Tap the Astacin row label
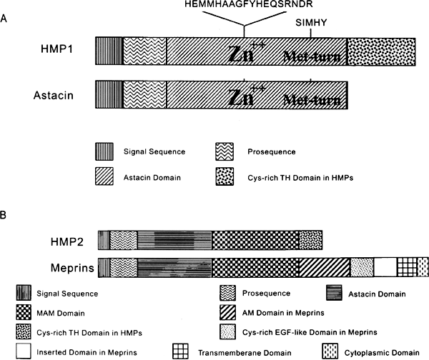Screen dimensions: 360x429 [56, 94]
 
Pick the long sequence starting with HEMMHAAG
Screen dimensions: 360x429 [244, 4]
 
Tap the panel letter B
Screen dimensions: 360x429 [6, 214]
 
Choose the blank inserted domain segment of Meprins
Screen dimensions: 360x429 [385, 267]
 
